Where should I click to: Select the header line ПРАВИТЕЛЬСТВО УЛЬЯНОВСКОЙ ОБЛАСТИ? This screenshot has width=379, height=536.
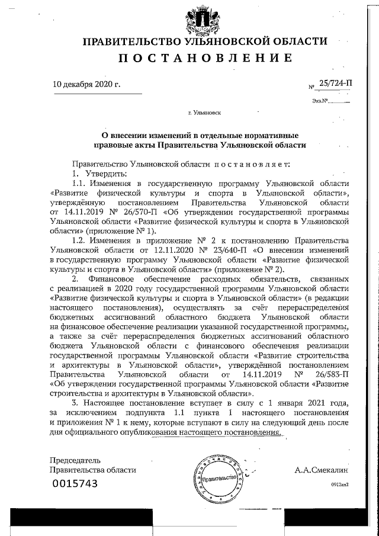204,41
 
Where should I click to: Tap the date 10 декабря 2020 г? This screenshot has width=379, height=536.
86,84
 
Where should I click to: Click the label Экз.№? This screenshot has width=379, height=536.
320,101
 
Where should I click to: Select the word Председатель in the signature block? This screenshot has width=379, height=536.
75,460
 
